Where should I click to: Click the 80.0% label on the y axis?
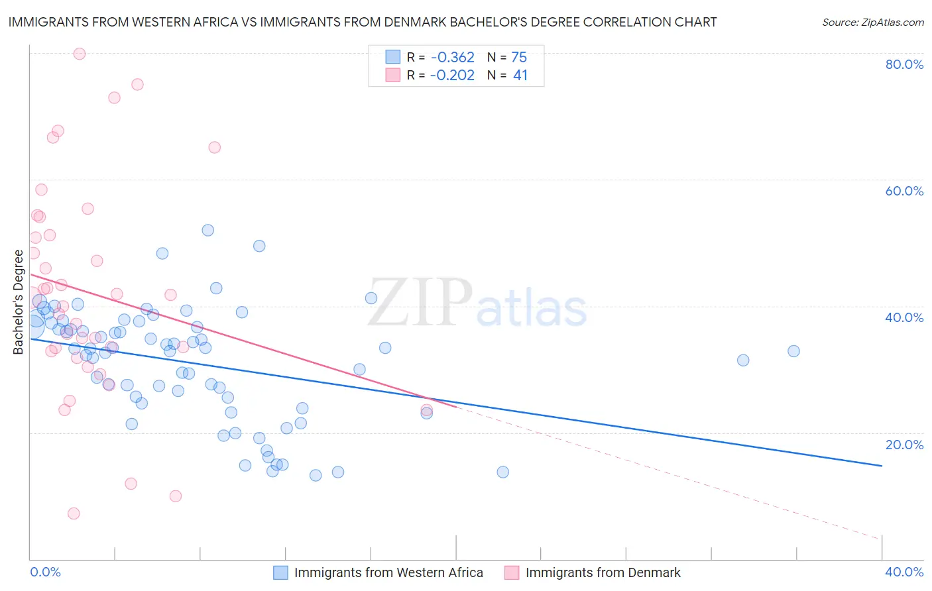coord(904,64)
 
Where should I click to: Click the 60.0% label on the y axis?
coord(904,191)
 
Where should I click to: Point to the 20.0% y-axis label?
coord(904,444)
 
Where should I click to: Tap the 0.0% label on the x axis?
coord(45,572)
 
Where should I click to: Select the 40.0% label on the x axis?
coord(904,572)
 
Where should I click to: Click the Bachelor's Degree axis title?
coord(18,301)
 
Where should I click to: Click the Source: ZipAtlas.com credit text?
coord(872,23)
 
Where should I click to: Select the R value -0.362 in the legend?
coord(452,57)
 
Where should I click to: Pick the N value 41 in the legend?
coord(520,76)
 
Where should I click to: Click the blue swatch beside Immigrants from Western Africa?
coord(281,572)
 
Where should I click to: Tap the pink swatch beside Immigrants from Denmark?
coord(512,572)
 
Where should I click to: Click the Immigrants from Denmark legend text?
coord(603,572)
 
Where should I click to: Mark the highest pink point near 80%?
coord(80,54)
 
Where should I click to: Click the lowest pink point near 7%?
coord(74,513)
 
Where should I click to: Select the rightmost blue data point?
coord(793,351)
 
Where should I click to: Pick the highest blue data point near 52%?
coord(208,230)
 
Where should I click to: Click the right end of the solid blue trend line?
coord(882,466)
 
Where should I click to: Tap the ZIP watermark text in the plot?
coord(420,302)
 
